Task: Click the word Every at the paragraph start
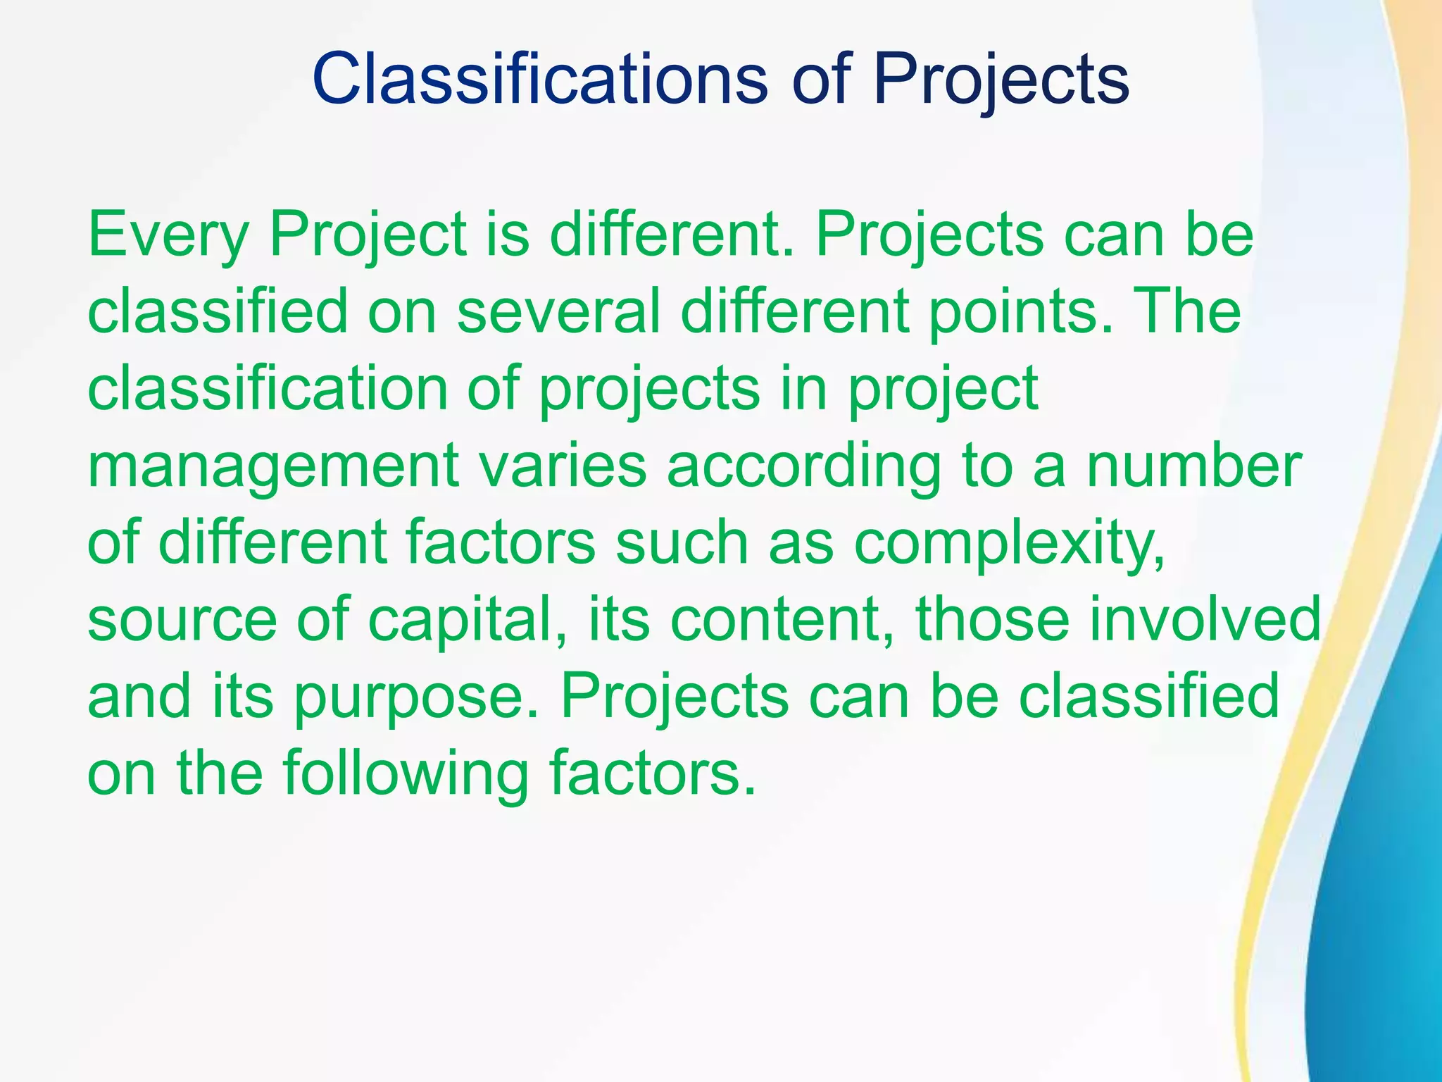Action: tap(168, 235)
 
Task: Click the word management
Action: tap(273, 466)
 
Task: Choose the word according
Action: tap(803, 466)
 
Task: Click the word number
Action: tap(1193, 466)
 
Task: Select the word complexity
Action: tap(1008, 544)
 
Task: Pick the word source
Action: tap(182, 620)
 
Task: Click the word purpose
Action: tap(416, 697)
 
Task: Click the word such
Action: tap(682, 544)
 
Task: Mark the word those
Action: tap(991, 620)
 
